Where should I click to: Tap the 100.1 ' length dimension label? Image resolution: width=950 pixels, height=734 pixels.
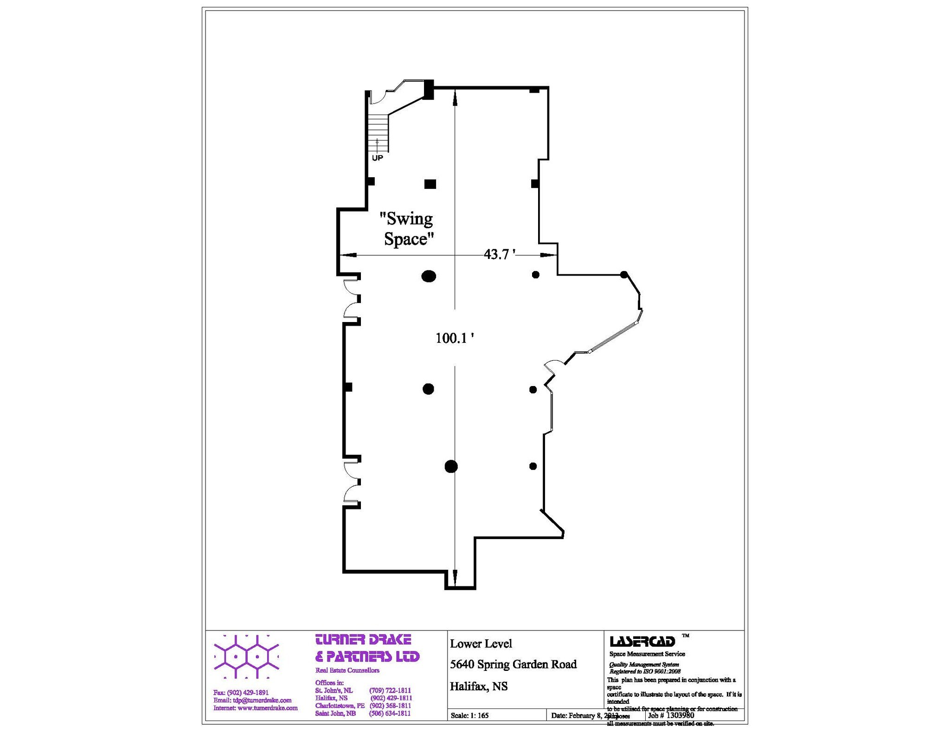coord(454,338)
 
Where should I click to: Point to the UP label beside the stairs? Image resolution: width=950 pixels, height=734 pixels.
coord(378,158)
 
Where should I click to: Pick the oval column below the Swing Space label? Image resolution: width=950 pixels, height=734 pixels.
coord(429,277)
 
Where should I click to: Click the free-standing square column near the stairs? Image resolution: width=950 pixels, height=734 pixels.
coord(430,184)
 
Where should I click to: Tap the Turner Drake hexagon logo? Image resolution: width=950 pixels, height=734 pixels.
coord(246,657)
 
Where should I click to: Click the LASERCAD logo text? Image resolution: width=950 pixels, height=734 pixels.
coord(642,642)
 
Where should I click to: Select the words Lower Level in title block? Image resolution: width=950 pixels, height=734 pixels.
coord(481,644)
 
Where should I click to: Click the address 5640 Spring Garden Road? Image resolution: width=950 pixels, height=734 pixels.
coord(513,664)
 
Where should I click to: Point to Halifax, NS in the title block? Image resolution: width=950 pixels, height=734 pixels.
coord(479,686)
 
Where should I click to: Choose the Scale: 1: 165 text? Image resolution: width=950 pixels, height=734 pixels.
coord(469,715)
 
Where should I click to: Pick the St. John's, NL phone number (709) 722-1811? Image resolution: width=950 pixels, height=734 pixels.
coord(390,690)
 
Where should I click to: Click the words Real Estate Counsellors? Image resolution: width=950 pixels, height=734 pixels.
coord(347,670)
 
